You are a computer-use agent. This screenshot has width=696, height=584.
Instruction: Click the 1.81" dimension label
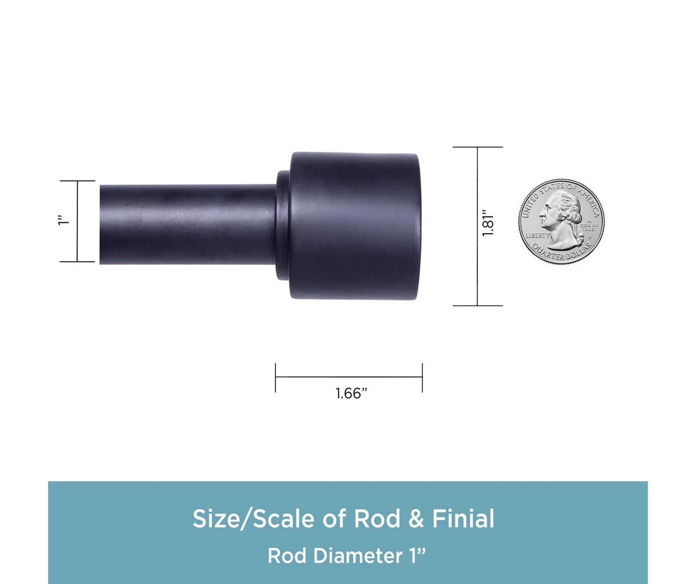point(488,222)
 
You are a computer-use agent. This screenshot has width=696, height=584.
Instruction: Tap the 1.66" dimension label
point(351,393)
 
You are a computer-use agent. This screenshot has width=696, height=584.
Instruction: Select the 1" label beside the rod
point(64,220)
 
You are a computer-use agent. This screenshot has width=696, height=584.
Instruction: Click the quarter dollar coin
point(561,222)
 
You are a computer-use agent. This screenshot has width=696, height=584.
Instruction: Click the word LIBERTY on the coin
point(537,236)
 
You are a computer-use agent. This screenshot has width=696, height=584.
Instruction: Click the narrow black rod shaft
point(188,225)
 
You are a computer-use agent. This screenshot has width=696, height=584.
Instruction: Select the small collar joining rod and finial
point(283,226)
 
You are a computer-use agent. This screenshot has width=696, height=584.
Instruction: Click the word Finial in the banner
point(463,519)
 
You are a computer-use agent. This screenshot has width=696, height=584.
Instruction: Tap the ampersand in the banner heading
point(416,519)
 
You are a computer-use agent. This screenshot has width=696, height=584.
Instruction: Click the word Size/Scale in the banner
point(253,519)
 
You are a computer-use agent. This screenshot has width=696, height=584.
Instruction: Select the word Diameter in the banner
point(358,556)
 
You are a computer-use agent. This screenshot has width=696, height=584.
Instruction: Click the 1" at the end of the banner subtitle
point(418,555)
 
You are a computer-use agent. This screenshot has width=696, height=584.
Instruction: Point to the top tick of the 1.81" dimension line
point(477,147)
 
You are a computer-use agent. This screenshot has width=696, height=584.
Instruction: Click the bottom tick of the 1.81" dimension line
point(477,306)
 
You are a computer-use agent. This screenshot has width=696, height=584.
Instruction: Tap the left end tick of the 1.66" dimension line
point(276,377)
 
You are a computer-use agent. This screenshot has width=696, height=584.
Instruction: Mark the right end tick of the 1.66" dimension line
point(422,377)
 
